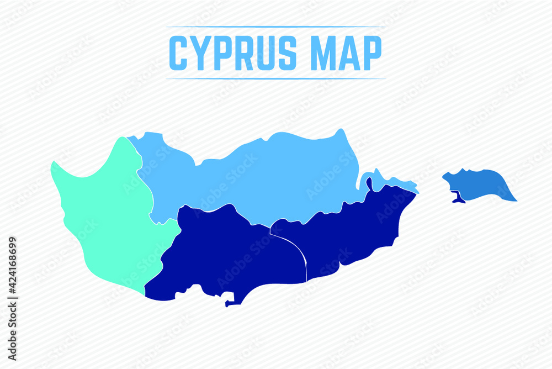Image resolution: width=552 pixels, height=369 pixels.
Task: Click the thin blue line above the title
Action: (276, 27)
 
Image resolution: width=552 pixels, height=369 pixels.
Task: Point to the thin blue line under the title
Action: (276, 78)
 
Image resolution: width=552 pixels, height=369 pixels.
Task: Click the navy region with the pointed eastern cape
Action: (353, 232)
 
